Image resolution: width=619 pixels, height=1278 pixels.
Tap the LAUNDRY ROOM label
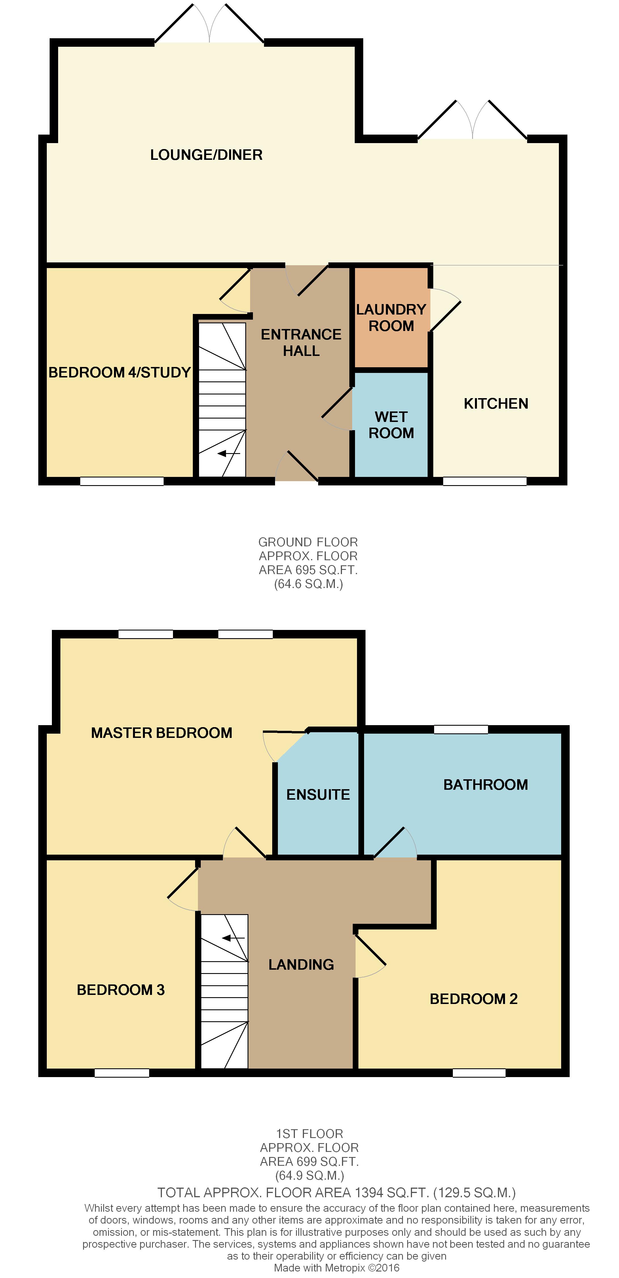click(x=391, y=317)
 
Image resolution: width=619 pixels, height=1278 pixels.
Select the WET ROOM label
click(x=391, y=425)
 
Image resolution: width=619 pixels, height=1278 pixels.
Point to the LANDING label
click(x=301, y=965)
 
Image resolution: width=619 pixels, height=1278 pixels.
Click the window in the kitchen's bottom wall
click(x=485, y=481)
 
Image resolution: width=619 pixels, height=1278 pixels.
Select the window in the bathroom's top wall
click(x=461, y=729)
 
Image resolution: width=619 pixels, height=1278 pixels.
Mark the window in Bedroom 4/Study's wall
click(x=122, y=481)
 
